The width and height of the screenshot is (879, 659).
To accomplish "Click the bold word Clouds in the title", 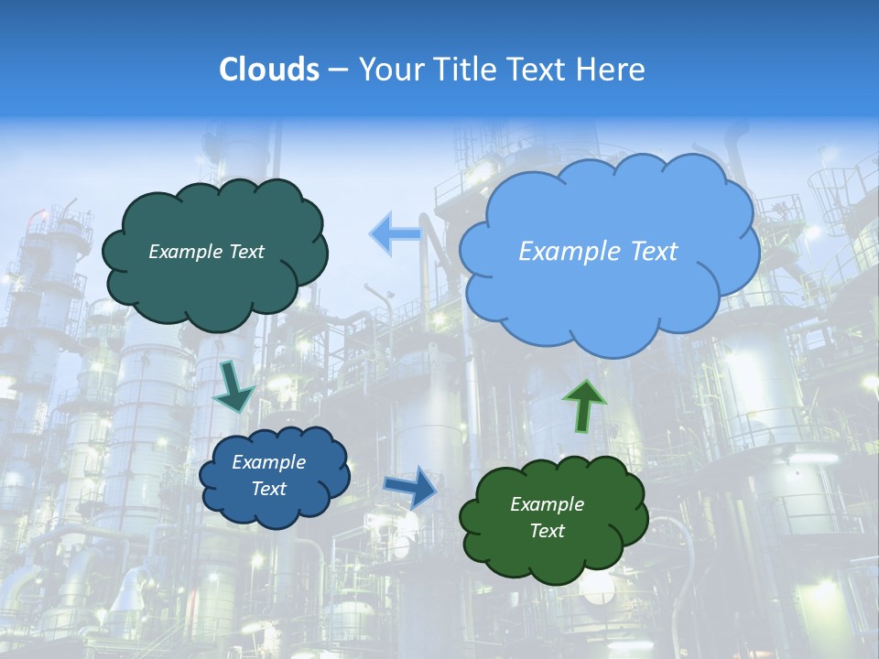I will pyautogui.click(x=268, y=70).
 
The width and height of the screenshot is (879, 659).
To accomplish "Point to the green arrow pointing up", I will pyautogui.click(x=583, y=405).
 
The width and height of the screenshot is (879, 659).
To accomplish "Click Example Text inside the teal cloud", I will pyautogui.click(x=206, y=252).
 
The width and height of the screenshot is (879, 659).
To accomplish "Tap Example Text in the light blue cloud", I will pyautogui.click(x=598, y=252).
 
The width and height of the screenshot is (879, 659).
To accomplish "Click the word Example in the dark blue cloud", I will pyautogui.click(x=268, y=462).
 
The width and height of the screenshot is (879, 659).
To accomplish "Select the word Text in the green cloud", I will pyautogui.click(x=547, y=531).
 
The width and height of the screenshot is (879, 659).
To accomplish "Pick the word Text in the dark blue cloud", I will pyautogui.click(x=268, y=489).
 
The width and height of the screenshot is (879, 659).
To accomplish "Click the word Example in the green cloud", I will pyautogui.click(x=547, y=504).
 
